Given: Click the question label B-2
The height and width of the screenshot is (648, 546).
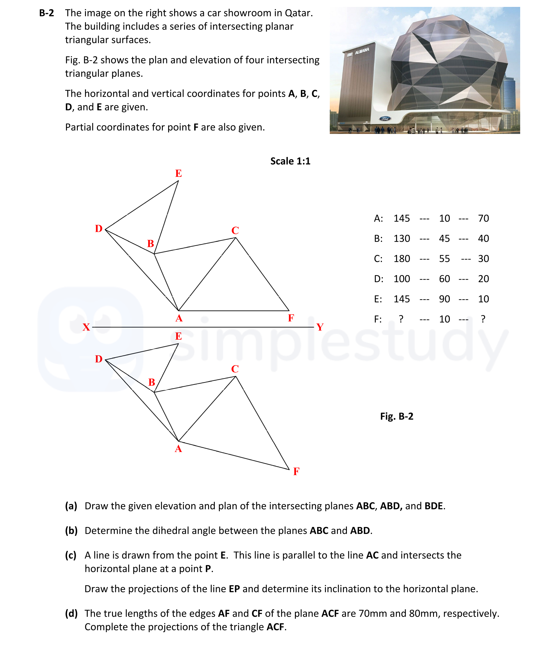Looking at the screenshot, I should coord(47,13).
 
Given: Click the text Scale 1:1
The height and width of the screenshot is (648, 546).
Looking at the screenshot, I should coord(290,161).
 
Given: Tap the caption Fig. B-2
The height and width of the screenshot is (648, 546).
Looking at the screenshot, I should coord(396,416).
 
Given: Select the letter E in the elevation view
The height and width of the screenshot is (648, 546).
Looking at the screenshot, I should coord(178,173).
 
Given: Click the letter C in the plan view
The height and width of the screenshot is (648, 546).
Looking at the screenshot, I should coord(235,369).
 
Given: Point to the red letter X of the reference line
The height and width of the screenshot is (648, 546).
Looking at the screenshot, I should coord(86,327).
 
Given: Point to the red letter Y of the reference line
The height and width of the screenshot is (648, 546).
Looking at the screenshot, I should coord(320,327).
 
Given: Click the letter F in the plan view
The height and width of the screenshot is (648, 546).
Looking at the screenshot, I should coord(296,471).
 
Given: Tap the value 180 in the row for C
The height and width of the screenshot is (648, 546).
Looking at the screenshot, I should coord(402,259).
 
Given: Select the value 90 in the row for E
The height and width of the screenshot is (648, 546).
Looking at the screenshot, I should coord(444,299).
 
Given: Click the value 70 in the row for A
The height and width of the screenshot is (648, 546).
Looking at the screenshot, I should coord(483,219).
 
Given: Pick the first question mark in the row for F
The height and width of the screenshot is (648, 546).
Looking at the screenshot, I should coord(401,319).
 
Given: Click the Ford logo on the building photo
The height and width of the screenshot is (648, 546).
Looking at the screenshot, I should coord(385,119).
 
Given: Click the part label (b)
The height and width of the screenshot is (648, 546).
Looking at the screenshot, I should coord(71,530).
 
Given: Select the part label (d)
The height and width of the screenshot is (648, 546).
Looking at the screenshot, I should coord(71,613).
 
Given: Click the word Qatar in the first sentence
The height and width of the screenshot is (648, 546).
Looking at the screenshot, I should coord(299,13).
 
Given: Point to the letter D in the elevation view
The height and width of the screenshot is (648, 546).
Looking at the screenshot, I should coord(99,229).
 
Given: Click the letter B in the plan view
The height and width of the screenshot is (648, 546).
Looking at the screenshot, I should coord(151,382).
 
